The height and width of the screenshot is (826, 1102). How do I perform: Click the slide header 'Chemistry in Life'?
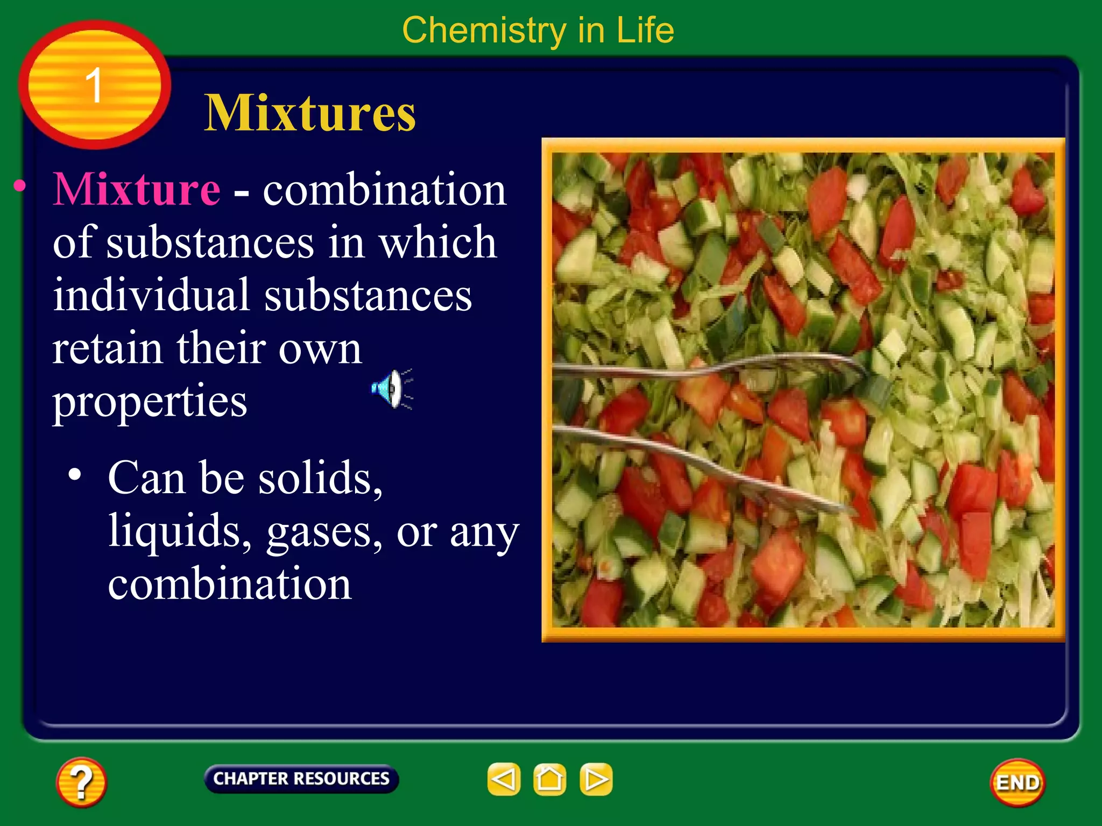(x=538, y=30)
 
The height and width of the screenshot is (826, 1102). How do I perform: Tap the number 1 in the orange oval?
(x=94, y=85)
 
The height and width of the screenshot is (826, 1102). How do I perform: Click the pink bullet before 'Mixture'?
(x=20, y=186)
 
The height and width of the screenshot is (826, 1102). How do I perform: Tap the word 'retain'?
(x=107, y=348)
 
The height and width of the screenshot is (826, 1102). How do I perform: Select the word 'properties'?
(x=150, y=401)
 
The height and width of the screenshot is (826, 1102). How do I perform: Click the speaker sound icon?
(x=392, y=389)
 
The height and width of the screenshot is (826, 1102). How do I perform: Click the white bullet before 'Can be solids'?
(x=75, y=474)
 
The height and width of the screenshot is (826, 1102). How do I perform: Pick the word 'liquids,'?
(x=180, y=531)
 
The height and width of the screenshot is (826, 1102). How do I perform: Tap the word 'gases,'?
(x=324, y=531)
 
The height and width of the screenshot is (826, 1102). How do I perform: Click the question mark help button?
(x=81, y=782)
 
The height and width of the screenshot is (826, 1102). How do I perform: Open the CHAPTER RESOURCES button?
(x=301, y=779)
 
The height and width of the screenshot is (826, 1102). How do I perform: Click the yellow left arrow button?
(x=504, y=779)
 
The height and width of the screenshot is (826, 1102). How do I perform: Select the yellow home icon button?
(x=549, y=779)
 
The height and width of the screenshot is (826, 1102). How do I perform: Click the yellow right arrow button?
(x=596, y=779)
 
